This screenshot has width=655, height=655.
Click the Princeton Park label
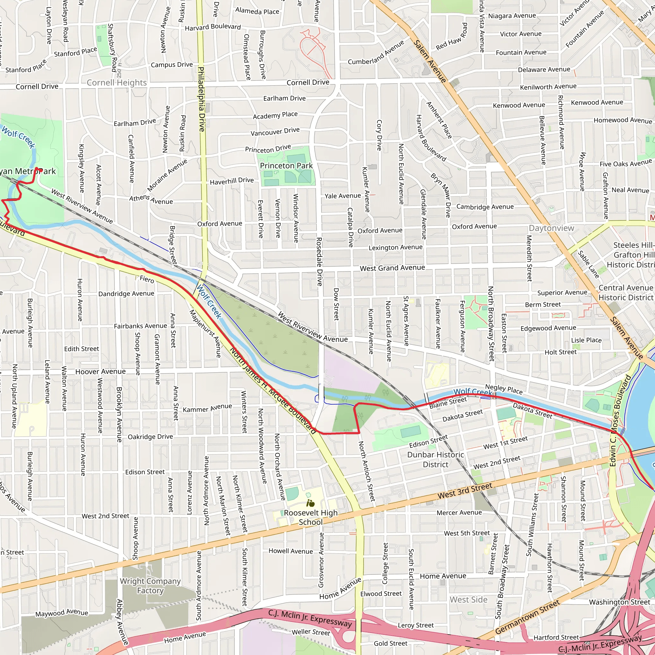pos(286,165)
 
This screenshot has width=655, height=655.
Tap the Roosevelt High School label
pos(311,517)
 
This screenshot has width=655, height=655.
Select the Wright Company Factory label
pos(150,586)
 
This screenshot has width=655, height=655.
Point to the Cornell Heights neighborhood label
pos(117,83)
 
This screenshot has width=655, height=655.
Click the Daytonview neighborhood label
pos(552,228)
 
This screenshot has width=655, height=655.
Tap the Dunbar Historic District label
pos(435,459)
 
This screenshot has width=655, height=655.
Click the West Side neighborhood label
pos(469,600)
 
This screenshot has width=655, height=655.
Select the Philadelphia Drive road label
pos(201,99)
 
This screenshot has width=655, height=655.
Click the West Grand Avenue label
pos(392,268)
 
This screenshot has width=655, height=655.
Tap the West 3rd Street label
pos(464,491)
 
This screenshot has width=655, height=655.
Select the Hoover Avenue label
pos(100,372)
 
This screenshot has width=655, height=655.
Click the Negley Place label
pos(504,389)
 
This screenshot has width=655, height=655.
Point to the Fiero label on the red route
pos(147,279)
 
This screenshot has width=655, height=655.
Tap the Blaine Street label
pos(448,403)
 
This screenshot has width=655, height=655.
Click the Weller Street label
pos(311,632)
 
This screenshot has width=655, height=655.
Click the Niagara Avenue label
pos(512,16)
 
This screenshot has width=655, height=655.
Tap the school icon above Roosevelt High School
pos(310,503)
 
